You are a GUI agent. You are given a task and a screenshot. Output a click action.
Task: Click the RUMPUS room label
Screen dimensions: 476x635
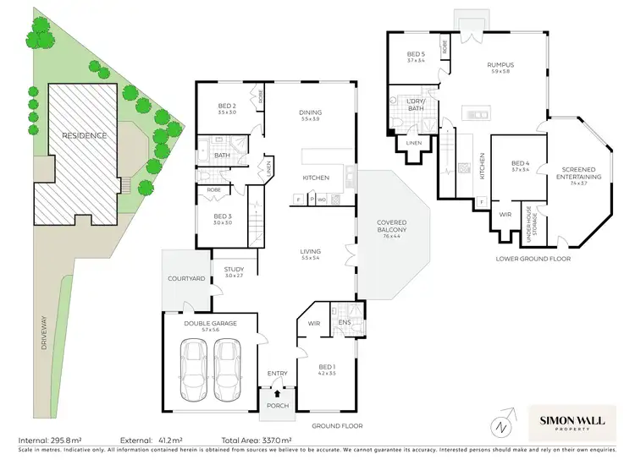(500, 67)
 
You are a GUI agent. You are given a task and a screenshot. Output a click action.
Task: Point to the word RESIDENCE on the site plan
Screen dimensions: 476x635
(83, 135)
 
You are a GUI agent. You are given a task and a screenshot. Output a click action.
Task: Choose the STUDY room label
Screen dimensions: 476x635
(234, 271)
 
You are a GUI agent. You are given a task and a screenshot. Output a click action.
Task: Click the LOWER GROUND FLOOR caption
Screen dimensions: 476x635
(534, 259)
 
